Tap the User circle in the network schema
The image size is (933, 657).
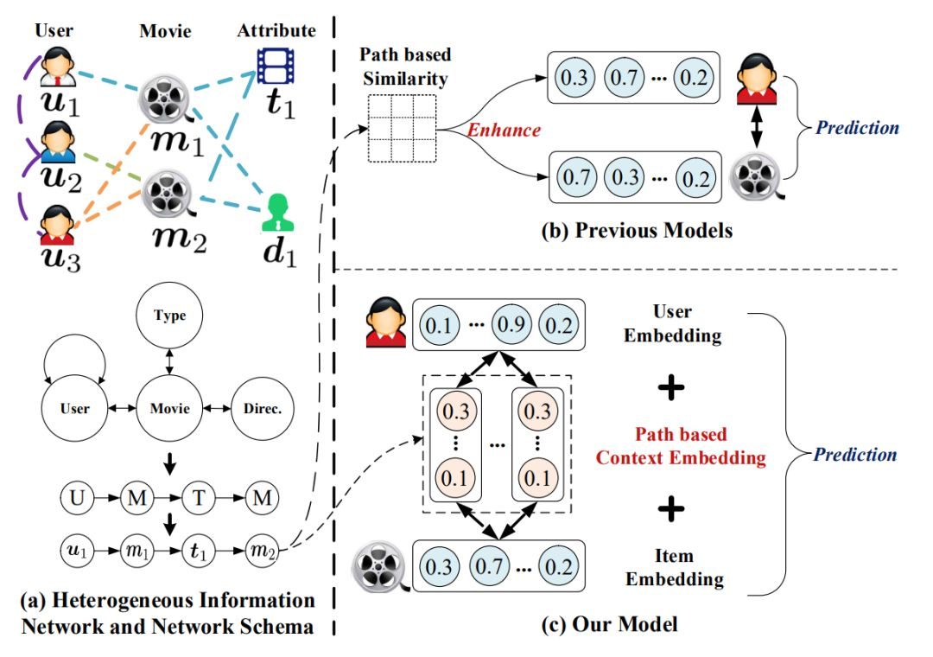click(x=75, y=407)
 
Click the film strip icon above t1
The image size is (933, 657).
click(x=275, y=63)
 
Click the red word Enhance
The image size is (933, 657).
click(x=503, y=130)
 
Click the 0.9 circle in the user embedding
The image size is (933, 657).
click(x=512, y=326)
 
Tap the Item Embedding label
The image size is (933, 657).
click(x=671, y=567)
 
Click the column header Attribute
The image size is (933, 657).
click(x=276, y=30)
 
